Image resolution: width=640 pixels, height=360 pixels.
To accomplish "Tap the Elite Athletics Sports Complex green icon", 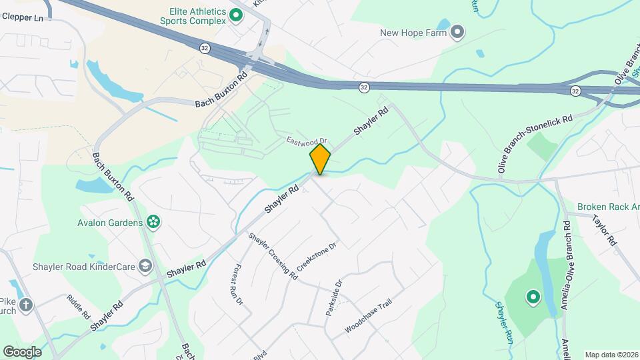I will point(235,15).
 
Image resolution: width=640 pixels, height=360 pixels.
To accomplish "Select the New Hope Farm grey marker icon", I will point(457,31).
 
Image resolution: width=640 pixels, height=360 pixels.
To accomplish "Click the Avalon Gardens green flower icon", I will point(153,222).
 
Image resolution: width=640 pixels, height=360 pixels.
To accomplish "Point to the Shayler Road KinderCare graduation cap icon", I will point(144,267).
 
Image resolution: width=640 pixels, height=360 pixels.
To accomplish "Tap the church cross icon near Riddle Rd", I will point(25,305).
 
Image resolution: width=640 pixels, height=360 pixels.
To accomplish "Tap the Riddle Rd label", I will point(78,307).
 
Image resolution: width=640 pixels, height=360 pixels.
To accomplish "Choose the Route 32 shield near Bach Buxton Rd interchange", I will point(204,47).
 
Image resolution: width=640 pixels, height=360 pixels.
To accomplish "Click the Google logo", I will point(21,351).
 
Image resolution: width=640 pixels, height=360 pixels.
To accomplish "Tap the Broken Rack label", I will point(607,207).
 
